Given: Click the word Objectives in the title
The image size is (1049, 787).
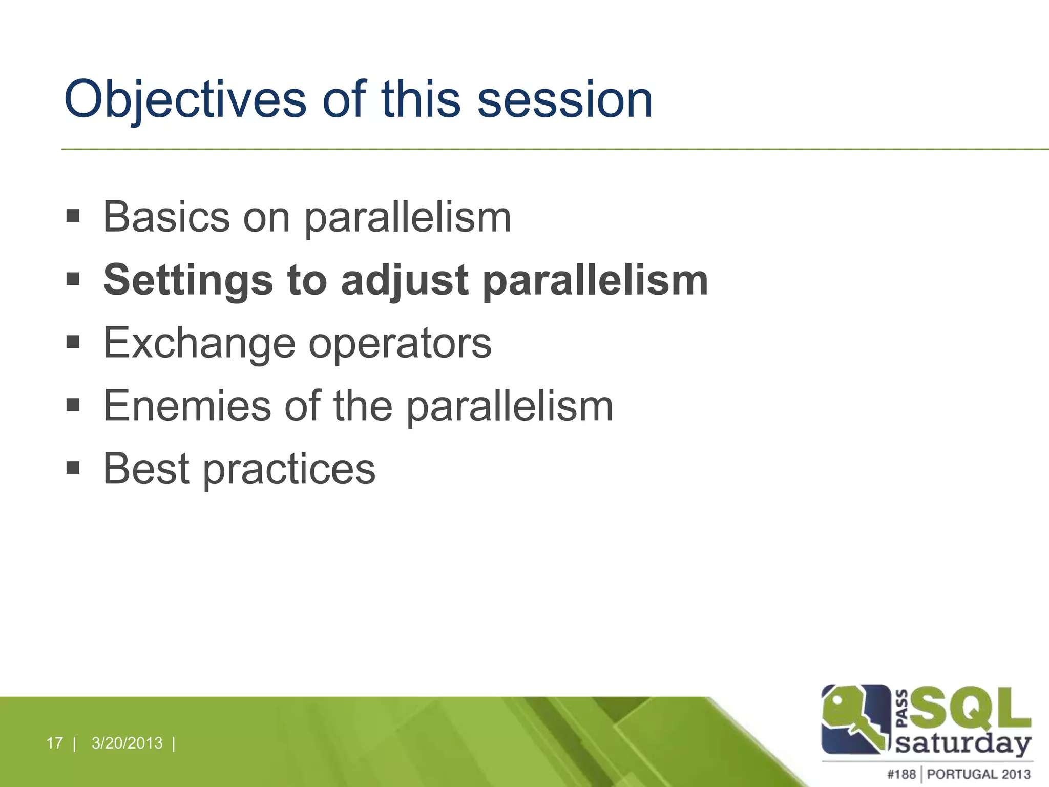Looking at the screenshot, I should (x=184, y=100).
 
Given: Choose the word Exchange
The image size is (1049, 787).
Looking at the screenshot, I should (x=199, y=344).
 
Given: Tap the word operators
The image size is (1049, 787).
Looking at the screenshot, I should (x=400, y=344).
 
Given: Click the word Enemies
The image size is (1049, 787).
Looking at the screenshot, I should (x=187, y=406).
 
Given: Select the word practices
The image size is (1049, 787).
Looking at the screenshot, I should (x=289, y=470).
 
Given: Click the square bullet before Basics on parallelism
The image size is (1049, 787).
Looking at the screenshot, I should (x=73, y=216).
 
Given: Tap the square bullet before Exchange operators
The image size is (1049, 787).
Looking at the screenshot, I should (x=73, y=342).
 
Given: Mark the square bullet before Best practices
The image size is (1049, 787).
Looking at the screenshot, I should (x=73, y=467).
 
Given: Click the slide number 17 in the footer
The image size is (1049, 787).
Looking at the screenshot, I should (x=54, y=743).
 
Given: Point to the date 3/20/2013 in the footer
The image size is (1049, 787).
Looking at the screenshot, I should (x=127, y=743).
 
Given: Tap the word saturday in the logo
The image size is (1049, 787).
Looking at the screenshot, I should (x=963, y=743).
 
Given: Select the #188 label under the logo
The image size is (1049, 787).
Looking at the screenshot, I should (x=901, y=774).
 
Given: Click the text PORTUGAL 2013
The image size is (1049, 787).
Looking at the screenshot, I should (x=978, y=774).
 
